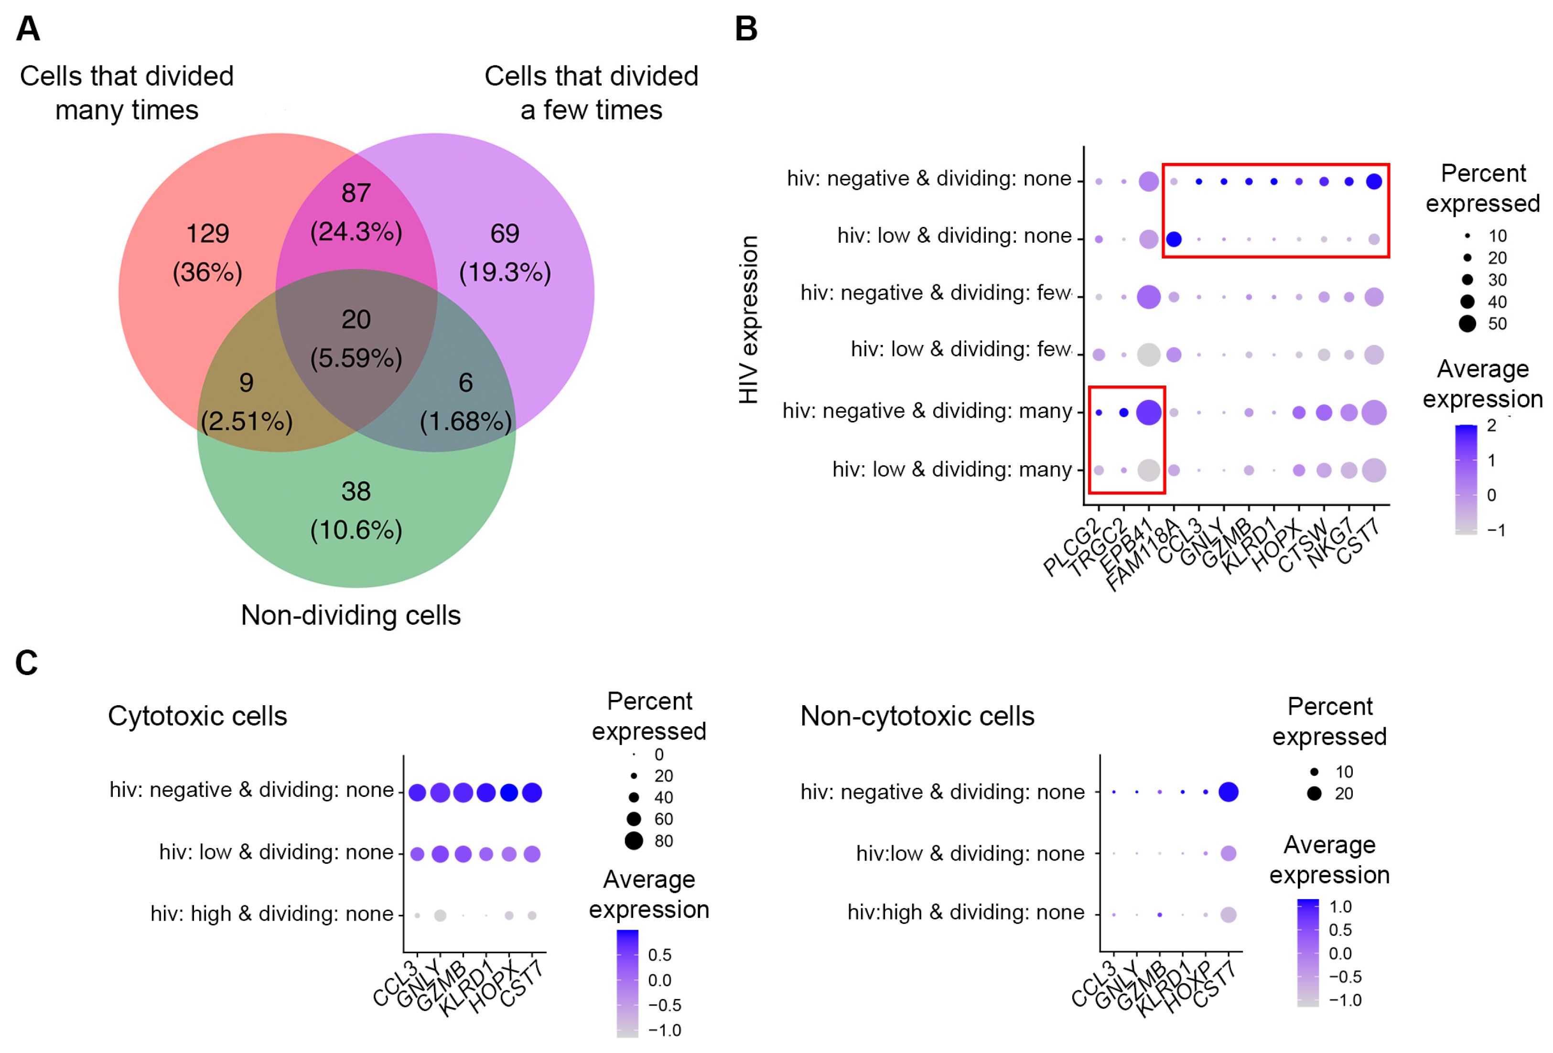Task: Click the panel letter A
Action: point(28,29)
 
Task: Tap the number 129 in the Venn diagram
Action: point(207,233)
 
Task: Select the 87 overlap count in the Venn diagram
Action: point(356,193)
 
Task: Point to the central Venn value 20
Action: point(356,319)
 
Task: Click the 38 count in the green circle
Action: point(356,492)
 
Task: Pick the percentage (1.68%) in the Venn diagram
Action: point(466,421)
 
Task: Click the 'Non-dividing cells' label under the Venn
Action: point(351,615)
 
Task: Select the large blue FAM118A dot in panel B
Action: point(1174,239)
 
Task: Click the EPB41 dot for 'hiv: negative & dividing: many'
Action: point(1149,412)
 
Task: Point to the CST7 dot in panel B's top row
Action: point(1374,181)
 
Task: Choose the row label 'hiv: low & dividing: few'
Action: point(960,349)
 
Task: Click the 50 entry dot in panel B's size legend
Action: point(1467,324)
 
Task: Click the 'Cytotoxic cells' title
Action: point(197,716)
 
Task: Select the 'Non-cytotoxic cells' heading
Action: point(917,716)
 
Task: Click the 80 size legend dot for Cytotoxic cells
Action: point(634,840)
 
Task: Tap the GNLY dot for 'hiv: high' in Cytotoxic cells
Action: point(440,915)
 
